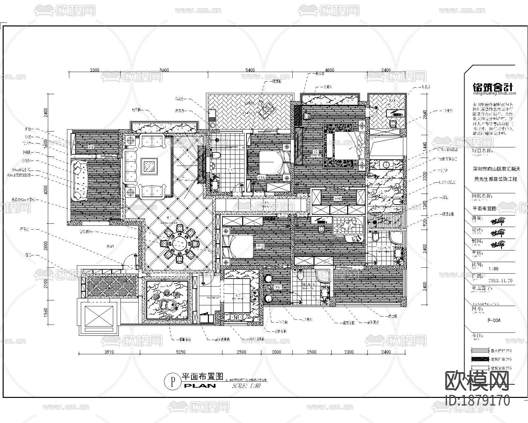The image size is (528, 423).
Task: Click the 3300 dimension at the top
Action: point(94,70)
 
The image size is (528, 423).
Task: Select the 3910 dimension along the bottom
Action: point(109,352)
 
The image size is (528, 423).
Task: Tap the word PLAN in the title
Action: point(200,386)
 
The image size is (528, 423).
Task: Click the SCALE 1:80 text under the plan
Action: point(247,386)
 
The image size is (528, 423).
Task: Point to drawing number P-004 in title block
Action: point(494,320)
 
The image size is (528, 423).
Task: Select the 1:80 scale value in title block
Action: point(493,269)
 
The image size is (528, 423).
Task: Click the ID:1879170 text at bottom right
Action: point(477,401)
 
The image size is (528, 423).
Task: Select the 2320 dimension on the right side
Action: point(425,174)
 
